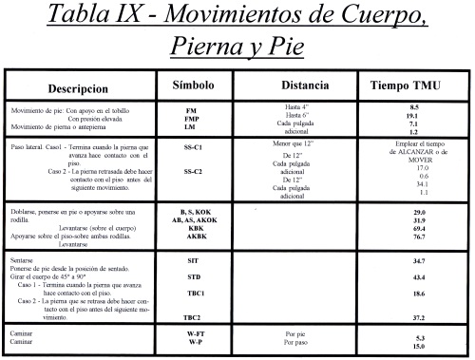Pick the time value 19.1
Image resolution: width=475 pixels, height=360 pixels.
pyautogui.click(x=412, y=117)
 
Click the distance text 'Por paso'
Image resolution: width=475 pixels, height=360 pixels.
pyautogui.click(x=297, y=344)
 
